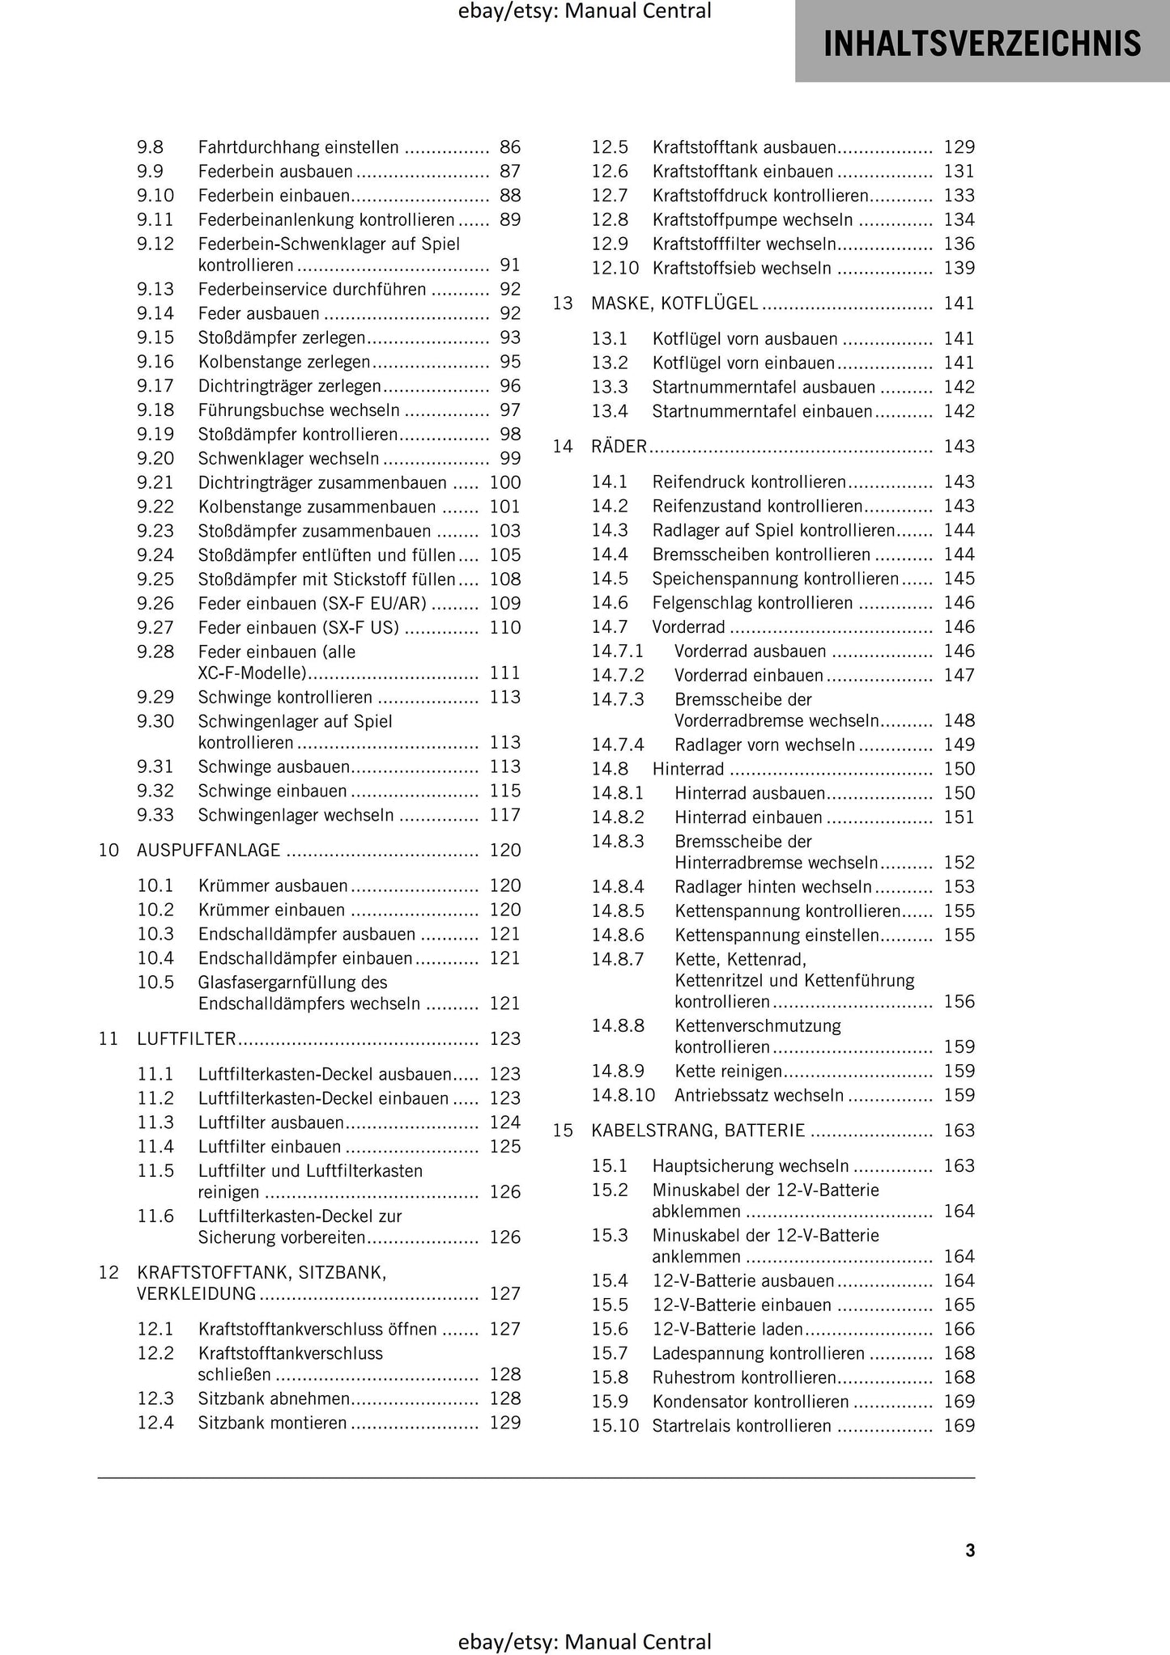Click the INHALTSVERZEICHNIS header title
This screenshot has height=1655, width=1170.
[x=981, y=43]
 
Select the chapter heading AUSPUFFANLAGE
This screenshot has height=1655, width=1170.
[x=208, y=851]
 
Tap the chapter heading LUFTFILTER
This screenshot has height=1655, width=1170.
[x=186, y=1039]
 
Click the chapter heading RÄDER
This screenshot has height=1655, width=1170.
[x=619, y=447]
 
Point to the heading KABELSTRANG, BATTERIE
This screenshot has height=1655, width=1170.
[x=698, y=1131]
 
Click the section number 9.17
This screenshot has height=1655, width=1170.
[x=155, y=386]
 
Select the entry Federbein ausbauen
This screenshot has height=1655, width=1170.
[x=275, y=172]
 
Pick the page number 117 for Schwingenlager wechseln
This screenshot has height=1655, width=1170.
[x=504, y=815]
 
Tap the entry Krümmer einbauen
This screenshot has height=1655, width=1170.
[x=271, y=910]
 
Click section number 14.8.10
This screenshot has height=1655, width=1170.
[x=623, y=1096]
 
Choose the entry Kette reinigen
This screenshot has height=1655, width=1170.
[x=728, y=1072]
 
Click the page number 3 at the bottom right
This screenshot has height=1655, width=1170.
[x=970, y=1550]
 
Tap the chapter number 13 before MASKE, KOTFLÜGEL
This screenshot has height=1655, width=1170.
[x=563, y=303]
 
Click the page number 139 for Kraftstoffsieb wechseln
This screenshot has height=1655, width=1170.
[x=959, y=268]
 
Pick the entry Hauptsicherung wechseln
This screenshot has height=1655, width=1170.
[x=750, y=1166]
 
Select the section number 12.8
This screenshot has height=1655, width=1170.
[x=609, y=220]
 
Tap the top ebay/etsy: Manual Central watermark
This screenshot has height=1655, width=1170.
[x=584, y=11]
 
